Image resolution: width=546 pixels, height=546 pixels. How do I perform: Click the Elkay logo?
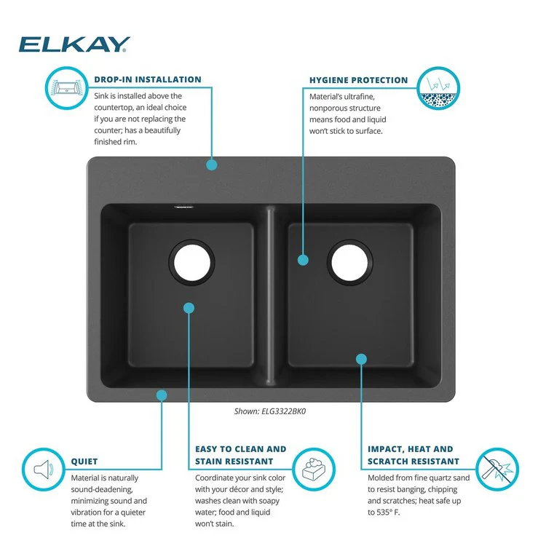coord(74,44)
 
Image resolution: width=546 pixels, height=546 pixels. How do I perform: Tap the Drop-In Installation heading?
coord(148,79)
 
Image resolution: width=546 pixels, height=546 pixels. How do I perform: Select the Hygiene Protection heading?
coord(359,80)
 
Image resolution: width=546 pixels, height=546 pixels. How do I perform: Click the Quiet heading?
coord(84,462)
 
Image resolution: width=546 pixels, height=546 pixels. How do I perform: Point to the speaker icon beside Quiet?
coord(44,470)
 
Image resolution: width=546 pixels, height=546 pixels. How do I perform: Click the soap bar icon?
coord(314,469)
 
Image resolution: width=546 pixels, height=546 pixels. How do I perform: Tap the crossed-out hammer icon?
coord(497,469)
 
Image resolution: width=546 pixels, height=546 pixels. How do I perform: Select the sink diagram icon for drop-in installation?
coord(66,88)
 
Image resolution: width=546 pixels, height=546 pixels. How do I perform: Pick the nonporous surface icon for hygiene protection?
coord(438,88)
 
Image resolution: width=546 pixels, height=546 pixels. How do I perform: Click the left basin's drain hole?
coord(192,263)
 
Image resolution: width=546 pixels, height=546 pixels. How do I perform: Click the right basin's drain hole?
coord(349,263)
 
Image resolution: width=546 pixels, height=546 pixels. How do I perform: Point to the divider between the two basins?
coord(271,296)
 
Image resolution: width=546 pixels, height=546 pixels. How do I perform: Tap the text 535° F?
coord(388,513)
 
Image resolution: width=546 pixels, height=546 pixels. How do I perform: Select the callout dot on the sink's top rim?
coord(211,165)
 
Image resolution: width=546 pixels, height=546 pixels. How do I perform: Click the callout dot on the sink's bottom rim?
coord(162,395)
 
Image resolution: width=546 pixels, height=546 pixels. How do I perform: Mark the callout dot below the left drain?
coord(189,308)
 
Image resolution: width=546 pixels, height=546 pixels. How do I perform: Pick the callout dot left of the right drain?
coord(303,260)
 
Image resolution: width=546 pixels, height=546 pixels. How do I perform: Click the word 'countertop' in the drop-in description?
coord(113,108)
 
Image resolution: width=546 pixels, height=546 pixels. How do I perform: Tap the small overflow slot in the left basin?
coord(184,207)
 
